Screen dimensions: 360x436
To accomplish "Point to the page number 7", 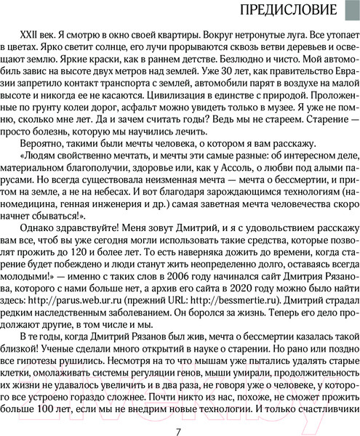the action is click(179, 413).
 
